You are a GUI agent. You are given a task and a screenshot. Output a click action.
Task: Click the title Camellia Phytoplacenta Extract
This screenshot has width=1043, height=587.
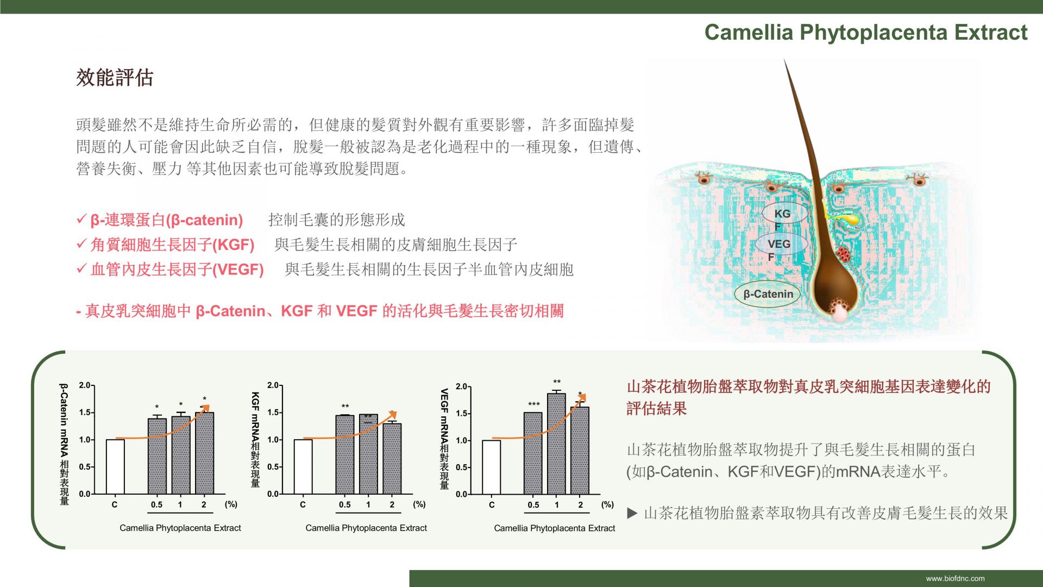(866, 33)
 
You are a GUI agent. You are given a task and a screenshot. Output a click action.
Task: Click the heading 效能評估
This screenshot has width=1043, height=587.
(115, 78)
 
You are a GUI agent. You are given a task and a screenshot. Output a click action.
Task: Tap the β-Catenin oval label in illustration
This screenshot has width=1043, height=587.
(768, 294)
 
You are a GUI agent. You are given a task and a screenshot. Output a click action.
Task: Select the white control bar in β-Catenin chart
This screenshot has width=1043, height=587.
(115, 466)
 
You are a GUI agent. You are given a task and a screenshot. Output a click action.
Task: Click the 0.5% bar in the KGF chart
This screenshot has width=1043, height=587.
(345, 454)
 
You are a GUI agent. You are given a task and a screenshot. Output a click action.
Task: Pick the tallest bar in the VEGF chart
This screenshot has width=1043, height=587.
(556, 444)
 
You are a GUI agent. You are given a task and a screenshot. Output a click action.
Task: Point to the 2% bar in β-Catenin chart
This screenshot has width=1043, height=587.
(204, 453)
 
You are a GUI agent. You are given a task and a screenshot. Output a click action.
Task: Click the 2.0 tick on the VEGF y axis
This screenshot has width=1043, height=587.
(461, 386)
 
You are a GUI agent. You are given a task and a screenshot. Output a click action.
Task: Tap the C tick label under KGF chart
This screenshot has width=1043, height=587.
(303, 504)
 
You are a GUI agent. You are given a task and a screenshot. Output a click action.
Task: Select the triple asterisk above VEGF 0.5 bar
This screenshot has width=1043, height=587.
(534, 404)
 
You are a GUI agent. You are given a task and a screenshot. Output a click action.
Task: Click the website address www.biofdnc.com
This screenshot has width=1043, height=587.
(956, 578)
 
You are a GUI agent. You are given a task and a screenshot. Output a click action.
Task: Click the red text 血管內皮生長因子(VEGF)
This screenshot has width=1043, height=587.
(177, 270)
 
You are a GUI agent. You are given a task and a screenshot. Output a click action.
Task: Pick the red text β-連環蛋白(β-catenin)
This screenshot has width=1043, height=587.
(167, 220)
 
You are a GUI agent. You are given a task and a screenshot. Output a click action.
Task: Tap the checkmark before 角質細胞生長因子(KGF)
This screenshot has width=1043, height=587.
(81, 243)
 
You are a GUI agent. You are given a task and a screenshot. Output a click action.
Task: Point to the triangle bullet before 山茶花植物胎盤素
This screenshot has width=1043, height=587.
(632, 513)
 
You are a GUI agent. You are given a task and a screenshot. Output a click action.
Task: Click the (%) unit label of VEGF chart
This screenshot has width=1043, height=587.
(607, 504)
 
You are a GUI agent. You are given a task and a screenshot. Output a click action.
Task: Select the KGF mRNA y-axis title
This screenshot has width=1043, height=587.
(255, 439)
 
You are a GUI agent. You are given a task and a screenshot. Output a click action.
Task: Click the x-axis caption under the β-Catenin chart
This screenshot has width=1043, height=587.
(180, 528)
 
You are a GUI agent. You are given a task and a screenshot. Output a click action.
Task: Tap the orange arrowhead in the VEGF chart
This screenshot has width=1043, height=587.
(581, 399)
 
